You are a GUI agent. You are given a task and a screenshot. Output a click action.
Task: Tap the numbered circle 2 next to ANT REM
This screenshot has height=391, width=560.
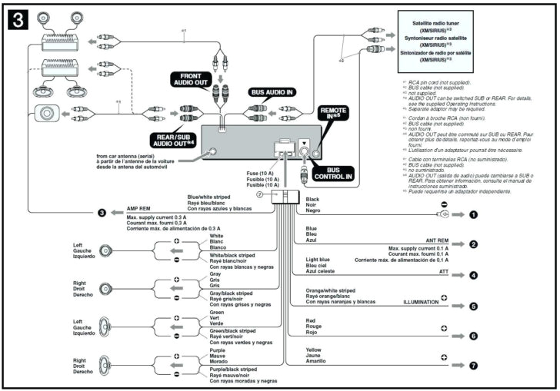[x=474, y=244]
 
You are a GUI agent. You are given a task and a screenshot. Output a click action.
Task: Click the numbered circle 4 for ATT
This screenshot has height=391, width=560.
[x=474, y=274]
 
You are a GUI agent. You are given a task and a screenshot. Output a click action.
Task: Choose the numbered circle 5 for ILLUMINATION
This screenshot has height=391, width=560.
[x=474, y=306]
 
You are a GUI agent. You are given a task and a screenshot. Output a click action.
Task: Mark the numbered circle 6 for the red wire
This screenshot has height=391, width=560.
[x=474, y=336]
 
